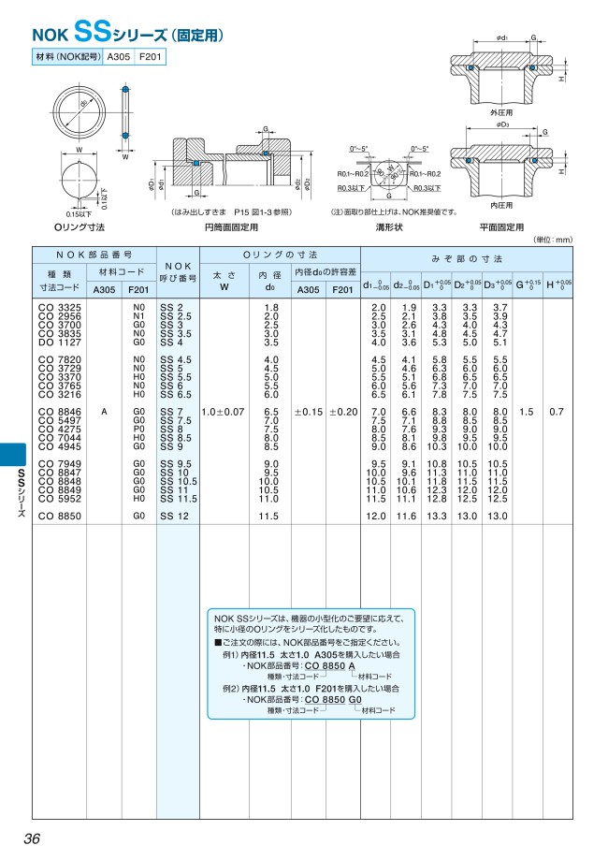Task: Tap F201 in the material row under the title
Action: coord(150,58)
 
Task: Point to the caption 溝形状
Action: coord(388,226)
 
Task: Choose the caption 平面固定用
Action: coord(501,226)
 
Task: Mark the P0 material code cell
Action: coord(139,430)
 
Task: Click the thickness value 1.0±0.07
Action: coord(224,412)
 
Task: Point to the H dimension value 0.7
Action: coord(557,412)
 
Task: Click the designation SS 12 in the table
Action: coord(175,516)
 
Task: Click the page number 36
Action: coord(32,838)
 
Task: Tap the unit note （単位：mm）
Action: coord(552,240)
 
